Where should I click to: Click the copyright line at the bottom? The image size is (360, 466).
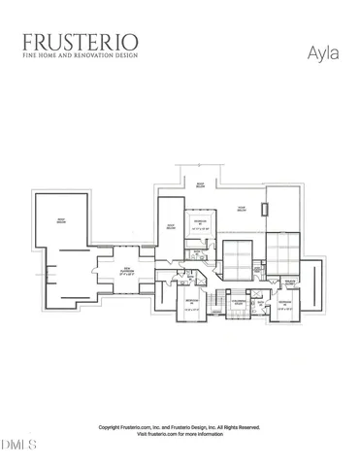[x=179, y=427]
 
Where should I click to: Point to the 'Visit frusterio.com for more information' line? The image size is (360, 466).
[x=180, y=434]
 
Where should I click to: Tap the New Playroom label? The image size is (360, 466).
[x=127, y=273]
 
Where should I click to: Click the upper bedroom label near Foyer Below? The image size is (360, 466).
[x=199, y=227]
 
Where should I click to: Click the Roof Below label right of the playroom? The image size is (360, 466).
[x=170, y=225]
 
